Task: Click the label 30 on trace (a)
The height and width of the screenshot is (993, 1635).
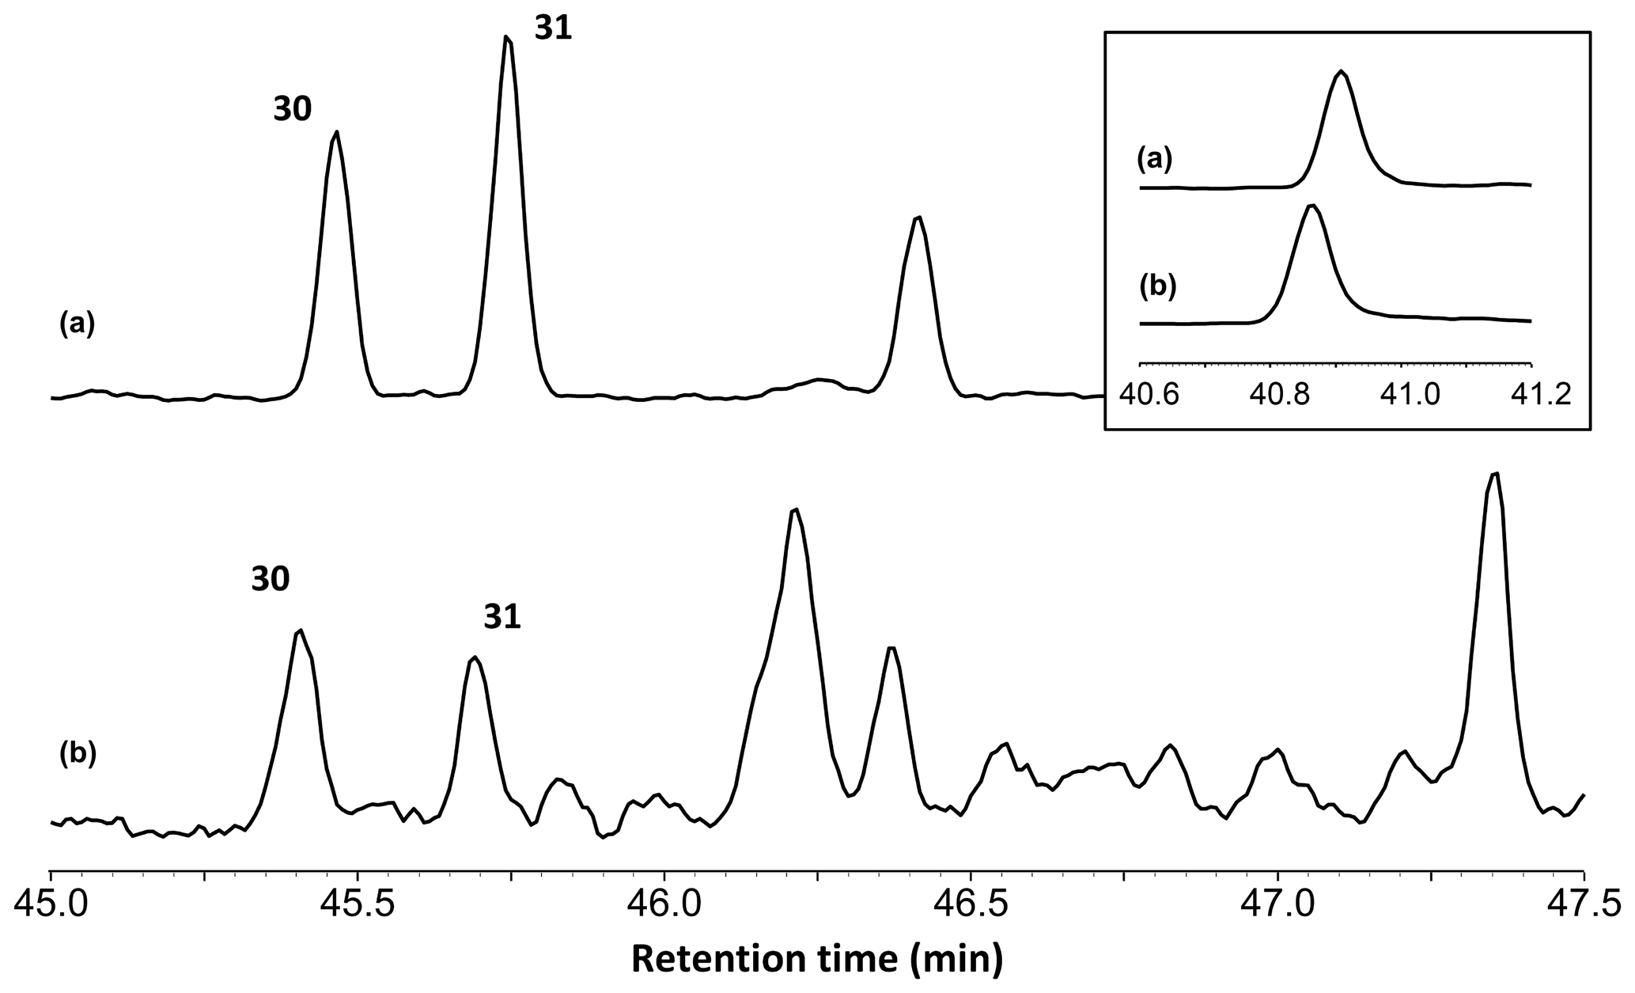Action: click(x=293, y=111)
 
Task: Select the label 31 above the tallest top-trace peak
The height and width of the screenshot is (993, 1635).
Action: click(x=553, y=29)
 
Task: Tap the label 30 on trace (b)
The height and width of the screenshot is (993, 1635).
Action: click(x=271, y=580)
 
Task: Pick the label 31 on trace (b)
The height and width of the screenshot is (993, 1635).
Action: click(x=503, y=618)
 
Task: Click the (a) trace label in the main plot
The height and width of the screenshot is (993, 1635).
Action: click(x=78, y=324)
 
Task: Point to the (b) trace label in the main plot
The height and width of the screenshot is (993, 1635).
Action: click(x=78, y=754)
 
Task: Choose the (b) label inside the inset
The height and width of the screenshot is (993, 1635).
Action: click(x=1158, y=286)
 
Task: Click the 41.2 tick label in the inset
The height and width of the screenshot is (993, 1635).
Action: click(x=1531, y=395)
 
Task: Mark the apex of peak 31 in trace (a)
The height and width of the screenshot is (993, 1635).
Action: click(x=507, y=36)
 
